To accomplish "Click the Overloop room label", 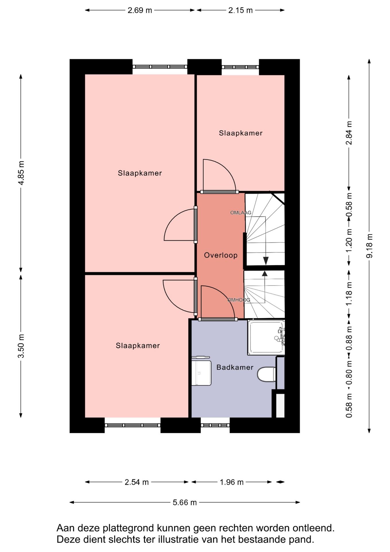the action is pyautogui.click(x=221, y=255).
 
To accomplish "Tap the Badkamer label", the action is pyautogui.click(x=235, y=367).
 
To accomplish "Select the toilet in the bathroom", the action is pyautogui.click(x=267, y=374).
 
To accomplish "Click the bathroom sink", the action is pyautogui.click(x=201, y=373).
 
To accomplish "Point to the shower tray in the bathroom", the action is pyautogui.click(x=266, y=337).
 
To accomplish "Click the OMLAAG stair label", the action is pyautogui.click(x=241, y=213).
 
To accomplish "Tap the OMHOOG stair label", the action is pyautogui.click(x=239, y=300).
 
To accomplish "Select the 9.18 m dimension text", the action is pyautogui.click(x=369, y=246).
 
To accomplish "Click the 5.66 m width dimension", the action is pyautogui.click(x=185, y=502).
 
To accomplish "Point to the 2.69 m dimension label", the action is pyautogui.click(x=140, y=10).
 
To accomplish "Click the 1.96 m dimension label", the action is pyautogui.click(x=231, y=482).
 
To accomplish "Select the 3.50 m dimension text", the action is pyautogui.click(x=21, y=346).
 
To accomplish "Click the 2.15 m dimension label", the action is pyautogui.click(x=240, y=10).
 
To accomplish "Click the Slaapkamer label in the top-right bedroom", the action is pyautogui.click(x=241, y=133).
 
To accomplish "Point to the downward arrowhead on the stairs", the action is pyautogui.click(x=266, y=260).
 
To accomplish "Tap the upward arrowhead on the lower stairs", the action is pyautogui.click(x=265, y=273).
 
